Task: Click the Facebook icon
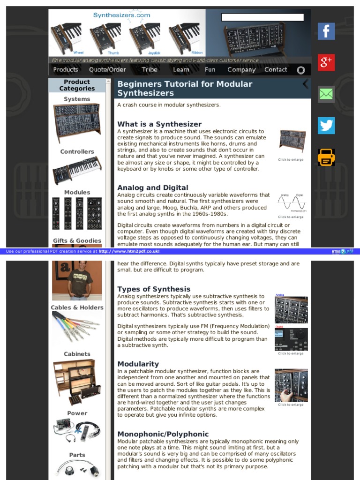[326, 31]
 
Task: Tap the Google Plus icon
[326, 62]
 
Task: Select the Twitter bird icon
[326, 125]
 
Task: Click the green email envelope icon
[326, 94]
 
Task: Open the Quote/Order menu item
[107, 69]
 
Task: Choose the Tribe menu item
[150, 69]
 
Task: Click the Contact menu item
[276, 69]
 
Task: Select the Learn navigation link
[181, 69]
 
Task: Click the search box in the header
[262, 17]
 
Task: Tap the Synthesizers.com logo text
[121, 15]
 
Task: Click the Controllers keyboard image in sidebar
[77, 170]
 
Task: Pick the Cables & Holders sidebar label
[77, 307]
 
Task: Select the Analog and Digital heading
[152, 187]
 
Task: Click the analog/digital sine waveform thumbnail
[291, 203]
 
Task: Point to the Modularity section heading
[138, 364]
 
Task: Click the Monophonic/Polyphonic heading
[163, 434]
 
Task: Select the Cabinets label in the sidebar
[77, 354]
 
